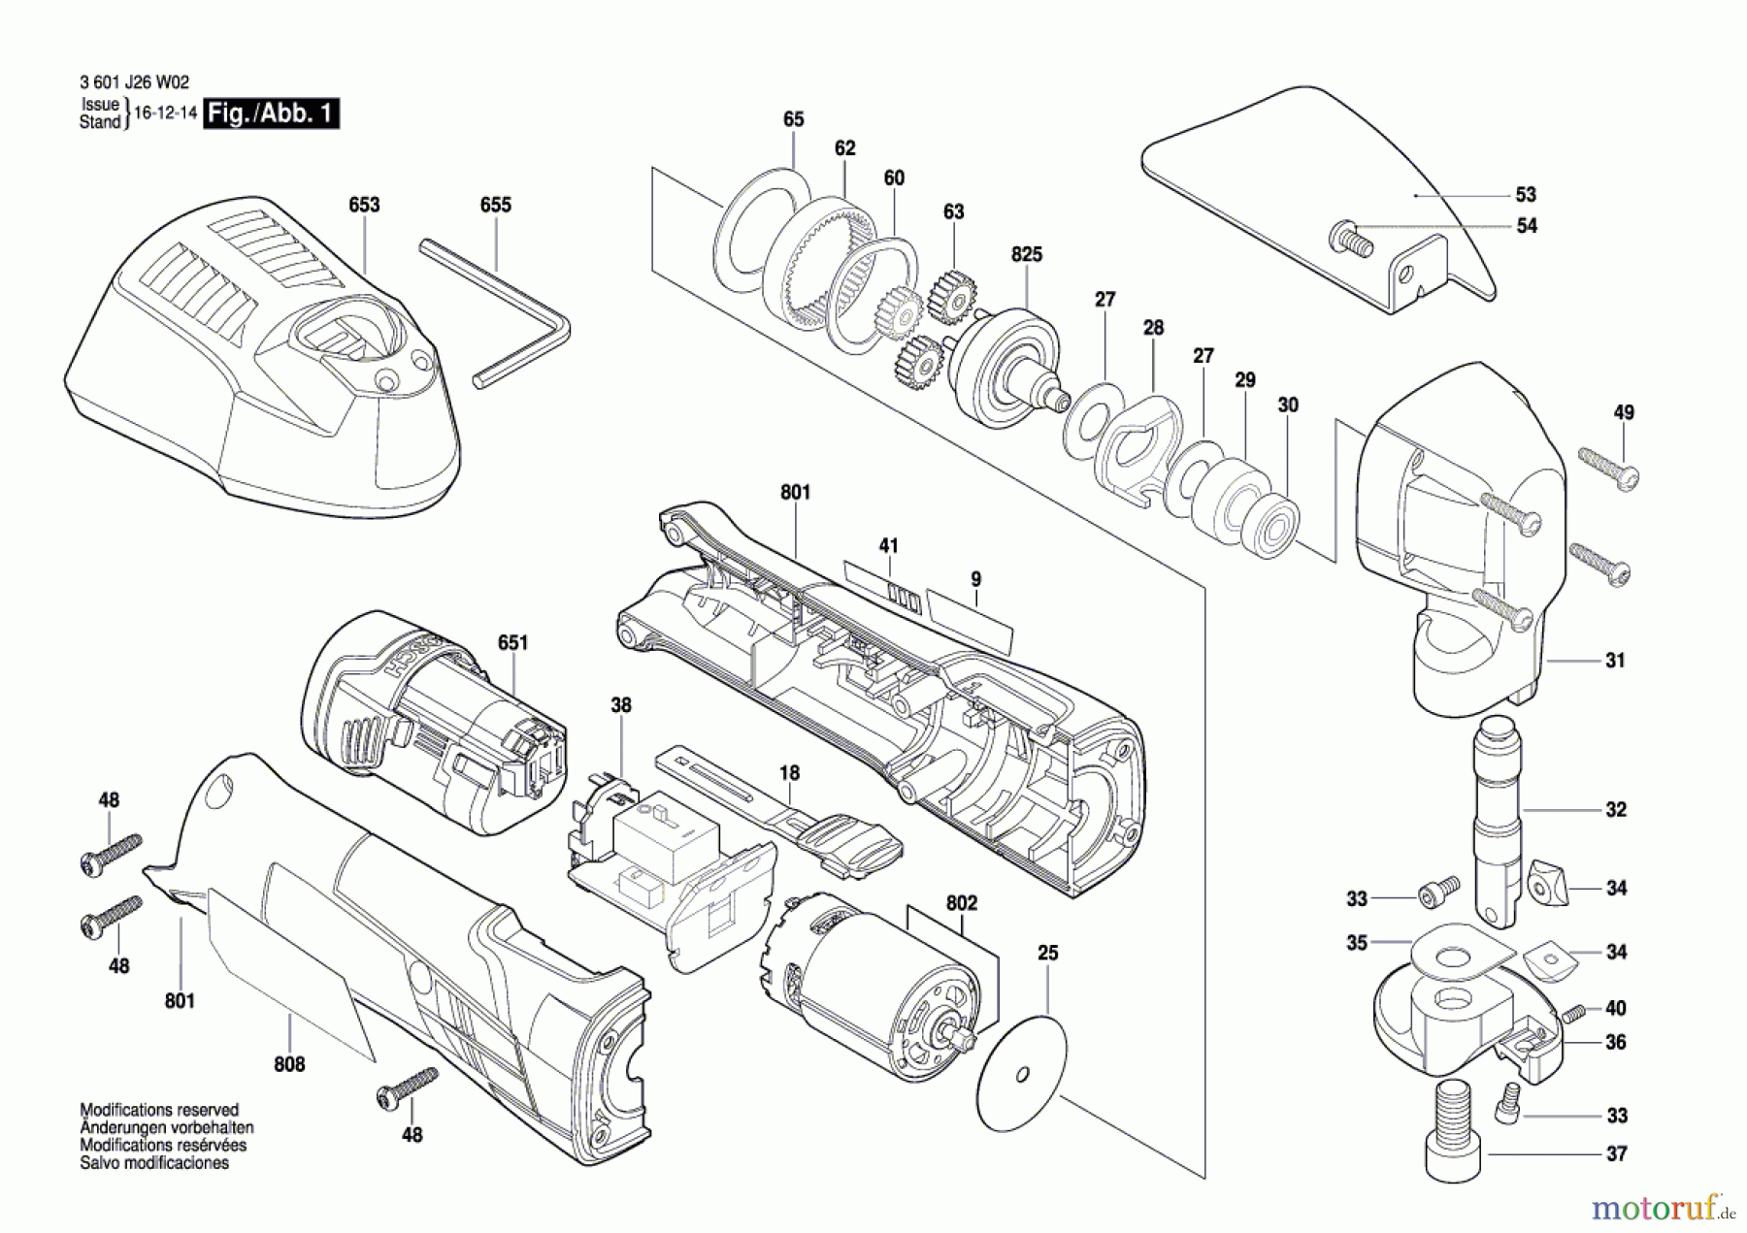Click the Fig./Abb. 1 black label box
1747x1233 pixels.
coord(271,114)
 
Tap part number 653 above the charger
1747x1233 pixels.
coord(365,205)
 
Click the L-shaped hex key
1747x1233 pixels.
coord(495,313)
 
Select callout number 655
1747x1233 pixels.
coord(496,205)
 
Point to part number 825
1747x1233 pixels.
coord(1027,254)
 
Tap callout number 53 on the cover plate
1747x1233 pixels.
coord(1527,195)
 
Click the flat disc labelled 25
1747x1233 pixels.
coord(1021,1073)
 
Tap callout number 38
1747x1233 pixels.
coord(621,705)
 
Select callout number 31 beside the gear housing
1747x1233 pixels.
coord(1615,661)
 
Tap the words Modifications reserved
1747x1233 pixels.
coord(159,1110)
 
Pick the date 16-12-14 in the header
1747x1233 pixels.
coord(165,113)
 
